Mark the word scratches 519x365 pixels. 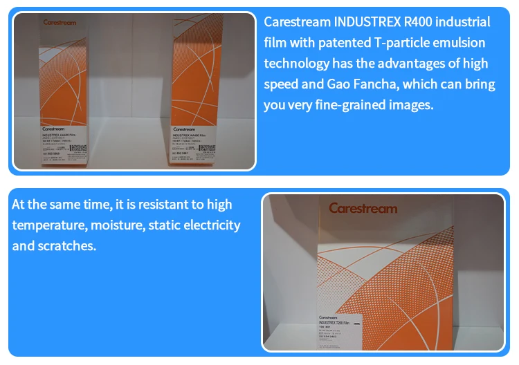(x=67, y=246)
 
